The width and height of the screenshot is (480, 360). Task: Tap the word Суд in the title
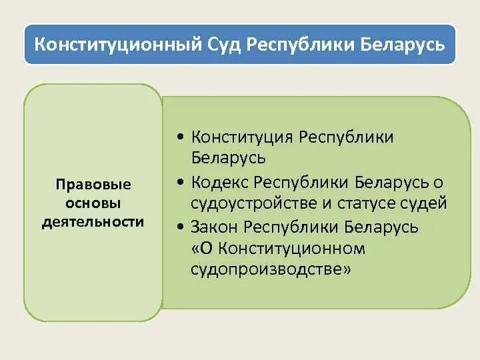point(225,45)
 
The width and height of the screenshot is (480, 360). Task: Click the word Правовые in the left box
point(93,185)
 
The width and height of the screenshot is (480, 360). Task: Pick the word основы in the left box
point(93,203)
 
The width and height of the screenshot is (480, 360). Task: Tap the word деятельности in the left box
point(93,221)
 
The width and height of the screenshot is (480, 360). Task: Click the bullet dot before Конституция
point(181,137)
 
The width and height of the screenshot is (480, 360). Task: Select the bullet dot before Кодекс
point(181,183)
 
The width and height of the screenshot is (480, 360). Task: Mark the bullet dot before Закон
point(181,227)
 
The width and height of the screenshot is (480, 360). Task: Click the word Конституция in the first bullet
point(243,137)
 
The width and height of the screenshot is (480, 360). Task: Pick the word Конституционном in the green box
point(287,249)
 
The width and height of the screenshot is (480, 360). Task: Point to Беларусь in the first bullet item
point(229,159)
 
